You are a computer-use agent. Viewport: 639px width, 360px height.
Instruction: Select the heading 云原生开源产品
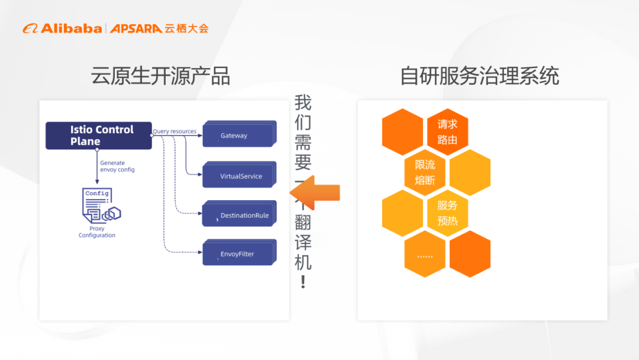[160, 76]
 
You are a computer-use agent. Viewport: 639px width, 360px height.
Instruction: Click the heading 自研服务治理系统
[479, 76]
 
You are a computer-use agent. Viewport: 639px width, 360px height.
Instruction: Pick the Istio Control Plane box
[99, 136]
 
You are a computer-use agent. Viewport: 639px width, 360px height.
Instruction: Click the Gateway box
[238, 136]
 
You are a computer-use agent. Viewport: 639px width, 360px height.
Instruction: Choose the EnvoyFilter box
[238, 254]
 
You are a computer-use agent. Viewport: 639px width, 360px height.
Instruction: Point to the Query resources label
[175, 131]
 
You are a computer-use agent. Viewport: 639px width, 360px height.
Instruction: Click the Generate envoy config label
[117, 166]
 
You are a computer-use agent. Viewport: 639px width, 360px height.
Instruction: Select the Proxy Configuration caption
[97, 232]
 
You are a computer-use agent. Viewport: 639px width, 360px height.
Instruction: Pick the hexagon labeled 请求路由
[447, 132]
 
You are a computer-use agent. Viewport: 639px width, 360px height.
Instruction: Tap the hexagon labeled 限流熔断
[425, 172]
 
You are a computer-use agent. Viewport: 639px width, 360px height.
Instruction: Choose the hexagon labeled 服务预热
[447, 213]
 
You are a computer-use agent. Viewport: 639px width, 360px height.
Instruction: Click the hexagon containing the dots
[425, 254]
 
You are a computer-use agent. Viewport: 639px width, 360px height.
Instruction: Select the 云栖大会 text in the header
[186, 28]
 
